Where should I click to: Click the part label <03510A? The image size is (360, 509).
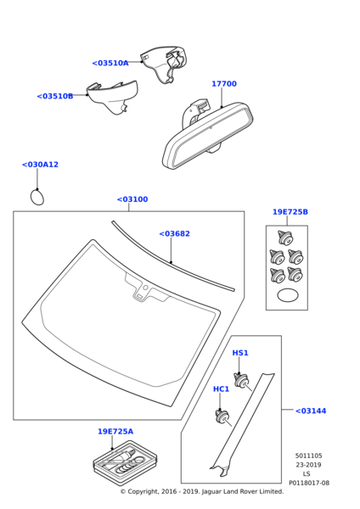(110, 63)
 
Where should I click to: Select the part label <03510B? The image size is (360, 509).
(55, 96)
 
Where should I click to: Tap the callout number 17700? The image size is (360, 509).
(224, 84)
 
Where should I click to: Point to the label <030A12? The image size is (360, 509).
(40, 165)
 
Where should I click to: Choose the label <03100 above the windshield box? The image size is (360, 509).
(132, 199)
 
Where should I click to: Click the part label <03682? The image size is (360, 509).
(174, 234)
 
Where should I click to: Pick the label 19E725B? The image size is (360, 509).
(290, 212)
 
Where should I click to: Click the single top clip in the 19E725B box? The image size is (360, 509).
(285, 238)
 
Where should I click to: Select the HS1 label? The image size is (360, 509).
(240, 353)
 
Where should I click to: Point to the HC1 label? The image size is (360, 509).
(222, 389)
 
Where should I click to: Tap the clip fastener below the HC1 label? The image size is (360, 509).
(223, 417)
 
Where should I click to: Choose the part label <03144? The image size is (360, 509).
(311, 411)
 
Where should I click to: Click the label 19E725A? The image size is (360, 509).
(115, 432)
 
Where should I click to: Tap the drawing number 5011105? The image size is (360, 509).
(309, 456)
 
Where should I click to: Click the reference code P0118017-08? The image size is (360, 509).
(309, 483)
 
